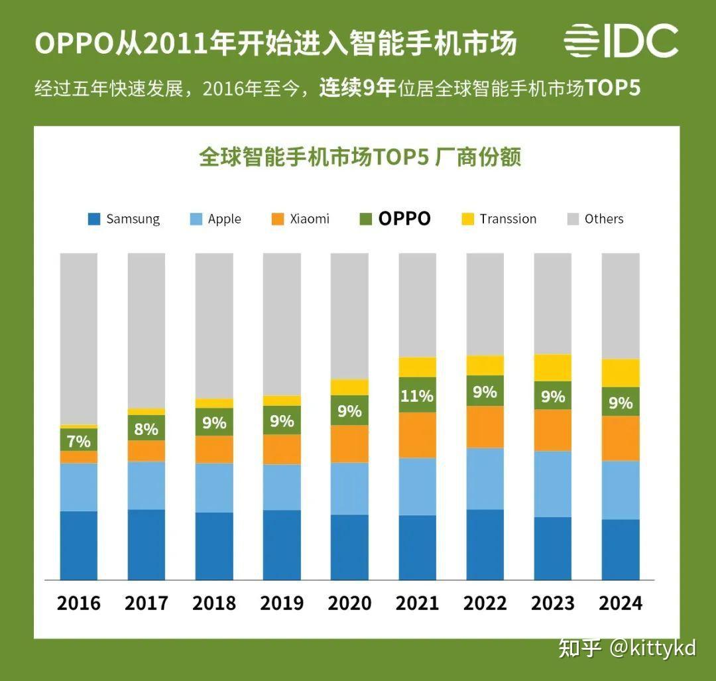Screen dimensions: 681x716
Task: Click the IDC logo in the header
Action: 621,41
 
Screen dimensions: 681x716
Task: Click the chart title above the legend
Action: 359,157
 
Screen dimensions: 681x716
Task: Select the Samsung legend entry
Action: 124,219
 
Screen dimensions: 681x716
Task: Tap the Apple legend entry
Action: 215,219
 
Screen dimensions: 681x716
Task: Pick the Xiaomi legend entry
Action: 301,219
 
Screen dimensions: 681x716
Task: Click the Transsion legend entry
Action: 499,219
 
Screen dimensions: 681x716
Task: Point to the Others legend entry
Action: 595,219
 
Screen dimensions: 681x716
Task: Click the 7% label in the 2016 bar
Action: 78,440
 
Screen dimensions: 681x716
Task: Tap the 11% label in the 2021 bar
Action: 417,396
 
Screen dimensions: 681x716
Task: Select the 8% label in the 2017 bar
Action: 146,429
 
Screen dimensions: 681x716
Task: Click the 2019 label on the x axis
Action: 282,603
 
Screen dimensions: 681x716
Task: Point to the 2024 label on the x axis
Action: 621,603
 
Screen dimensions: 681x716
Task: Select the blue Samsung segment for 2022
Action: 485,544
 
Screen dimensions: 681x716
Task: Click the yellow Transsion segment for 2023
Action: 552,367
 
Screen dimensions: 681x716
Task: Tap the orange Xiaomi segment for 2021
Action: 417,435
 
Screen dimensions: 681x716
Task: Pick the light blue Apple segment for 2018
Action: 214,487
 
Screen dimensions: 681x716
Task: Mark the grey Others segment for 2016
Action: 78,338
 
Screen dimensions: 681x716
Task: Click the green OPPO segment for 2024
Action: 621,402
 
